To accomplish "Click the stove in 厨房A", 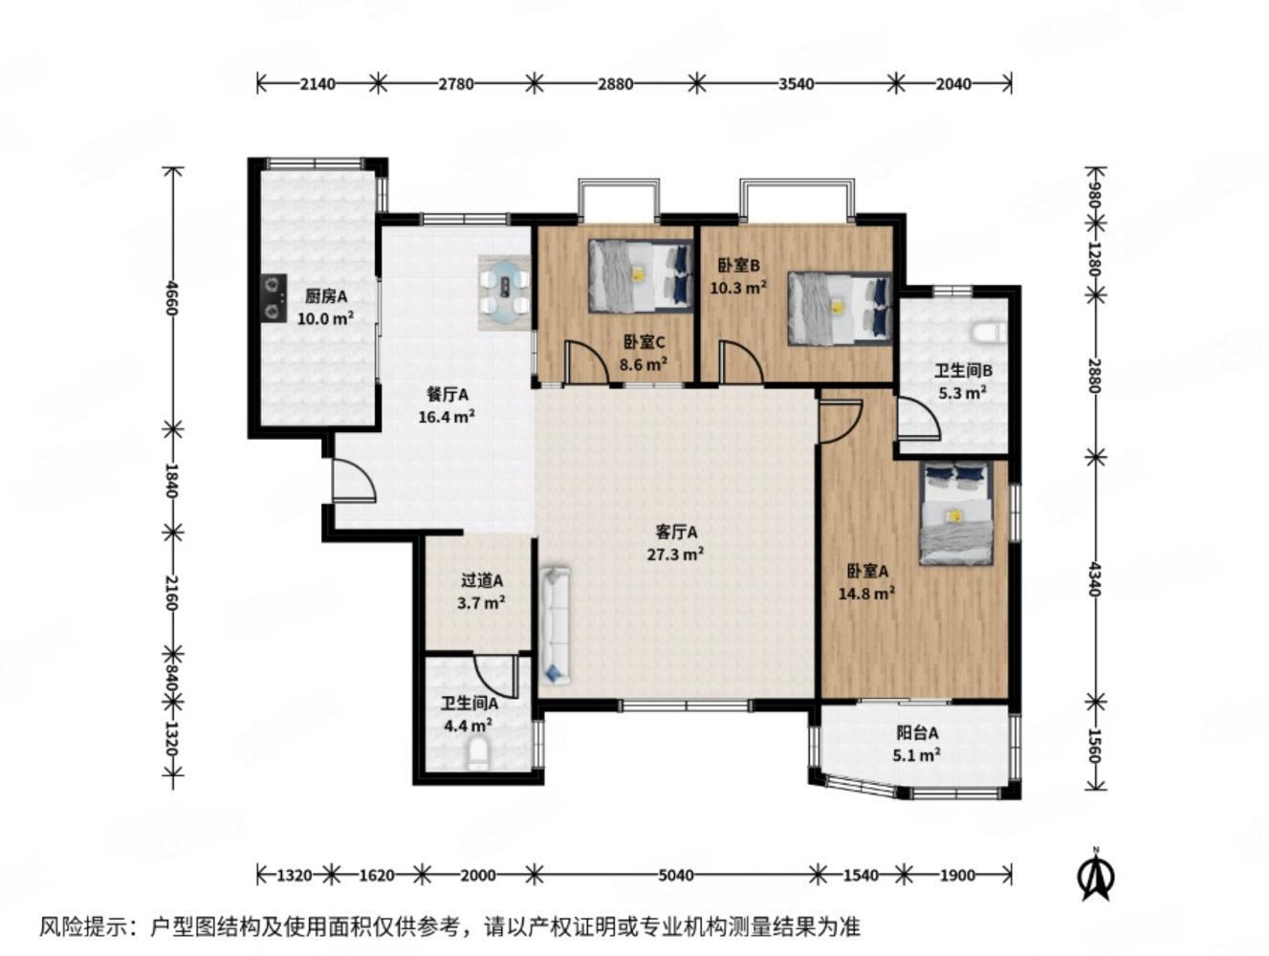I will click(274, 297).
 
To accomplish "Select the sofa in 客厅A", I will click(556, 625).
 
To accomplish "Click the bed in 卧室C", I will click(639, 275).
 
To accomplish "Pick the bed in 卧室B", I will click(838, 308).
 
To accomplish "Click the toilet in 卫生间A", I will click(478, 754).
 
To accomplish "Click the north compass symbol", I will click(1097, 874).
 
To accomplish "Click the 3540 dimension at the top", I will click(796, 84).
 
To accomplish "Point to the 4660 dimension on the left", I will click(173, 296).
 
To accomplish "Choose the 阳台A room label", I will click(916, 733).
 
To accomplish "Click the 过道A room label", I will click(482, 580).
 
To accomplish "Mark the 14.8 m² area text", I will click(867, 593).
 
